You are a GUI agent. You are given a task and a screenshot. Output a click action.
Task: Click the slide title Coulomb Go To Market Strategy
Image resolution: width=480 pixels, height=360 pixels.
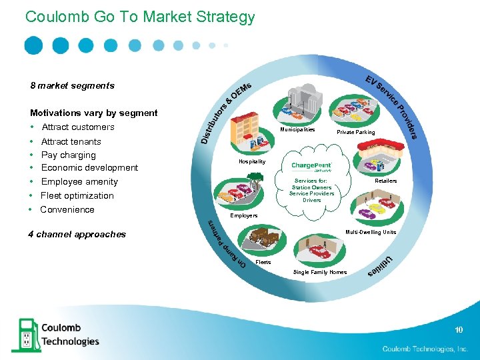140,17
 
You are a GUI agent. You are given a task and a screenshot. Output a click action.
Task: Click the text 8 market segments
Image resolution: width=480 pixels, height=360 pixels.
72,85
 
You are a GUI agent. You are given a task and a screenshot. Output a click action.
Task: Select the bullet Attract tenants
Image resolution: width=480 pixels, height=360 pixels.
71,141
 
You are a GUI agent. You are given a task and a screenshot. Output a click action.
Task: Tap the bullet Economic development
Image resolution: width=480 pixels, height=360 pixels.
89,167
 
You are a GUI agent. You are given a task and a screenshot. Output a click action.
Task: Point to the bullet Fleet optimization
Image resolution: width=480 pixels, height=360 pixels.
77,195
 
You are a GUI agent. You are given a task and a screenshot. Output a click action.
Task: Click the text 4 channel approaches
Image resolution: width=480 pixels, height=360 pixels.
77,234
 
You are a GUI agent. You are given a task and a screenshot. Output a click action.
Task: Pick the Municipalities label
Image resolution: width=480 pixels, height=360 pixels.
297,130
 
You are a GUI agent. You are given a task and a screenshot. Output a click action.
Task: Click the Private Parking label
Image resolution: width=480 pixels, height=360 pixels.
355,132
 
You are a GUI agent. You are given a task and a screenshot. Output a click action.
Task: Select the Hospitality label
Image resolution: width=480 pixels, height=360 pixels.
252,161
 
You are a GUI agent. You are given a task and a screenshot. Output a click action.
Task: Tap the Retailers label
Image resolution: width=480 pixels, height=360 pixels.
385,181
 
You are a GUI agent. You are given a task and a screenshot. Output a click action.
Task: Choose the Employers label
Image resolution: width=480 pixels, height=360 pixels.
244,215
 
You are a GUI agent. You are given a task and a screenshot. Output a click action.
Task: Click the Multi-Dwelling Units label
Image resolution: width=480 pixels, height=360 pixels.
370,232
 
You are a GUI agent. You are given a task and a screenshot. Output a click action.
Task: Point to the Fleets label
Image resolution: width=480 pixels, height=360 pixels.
263,263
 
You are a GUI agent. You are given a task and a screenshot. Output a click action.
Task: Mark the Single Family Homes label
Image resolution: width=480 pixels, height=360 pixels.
320,272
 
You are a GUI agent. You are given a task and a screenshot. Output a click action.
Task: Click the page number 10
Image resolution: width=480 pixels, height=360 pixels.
459,330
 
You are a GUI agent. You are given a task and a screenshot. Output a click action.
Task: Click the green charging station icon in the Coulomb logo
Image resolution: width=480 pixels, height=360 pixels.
25,334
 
